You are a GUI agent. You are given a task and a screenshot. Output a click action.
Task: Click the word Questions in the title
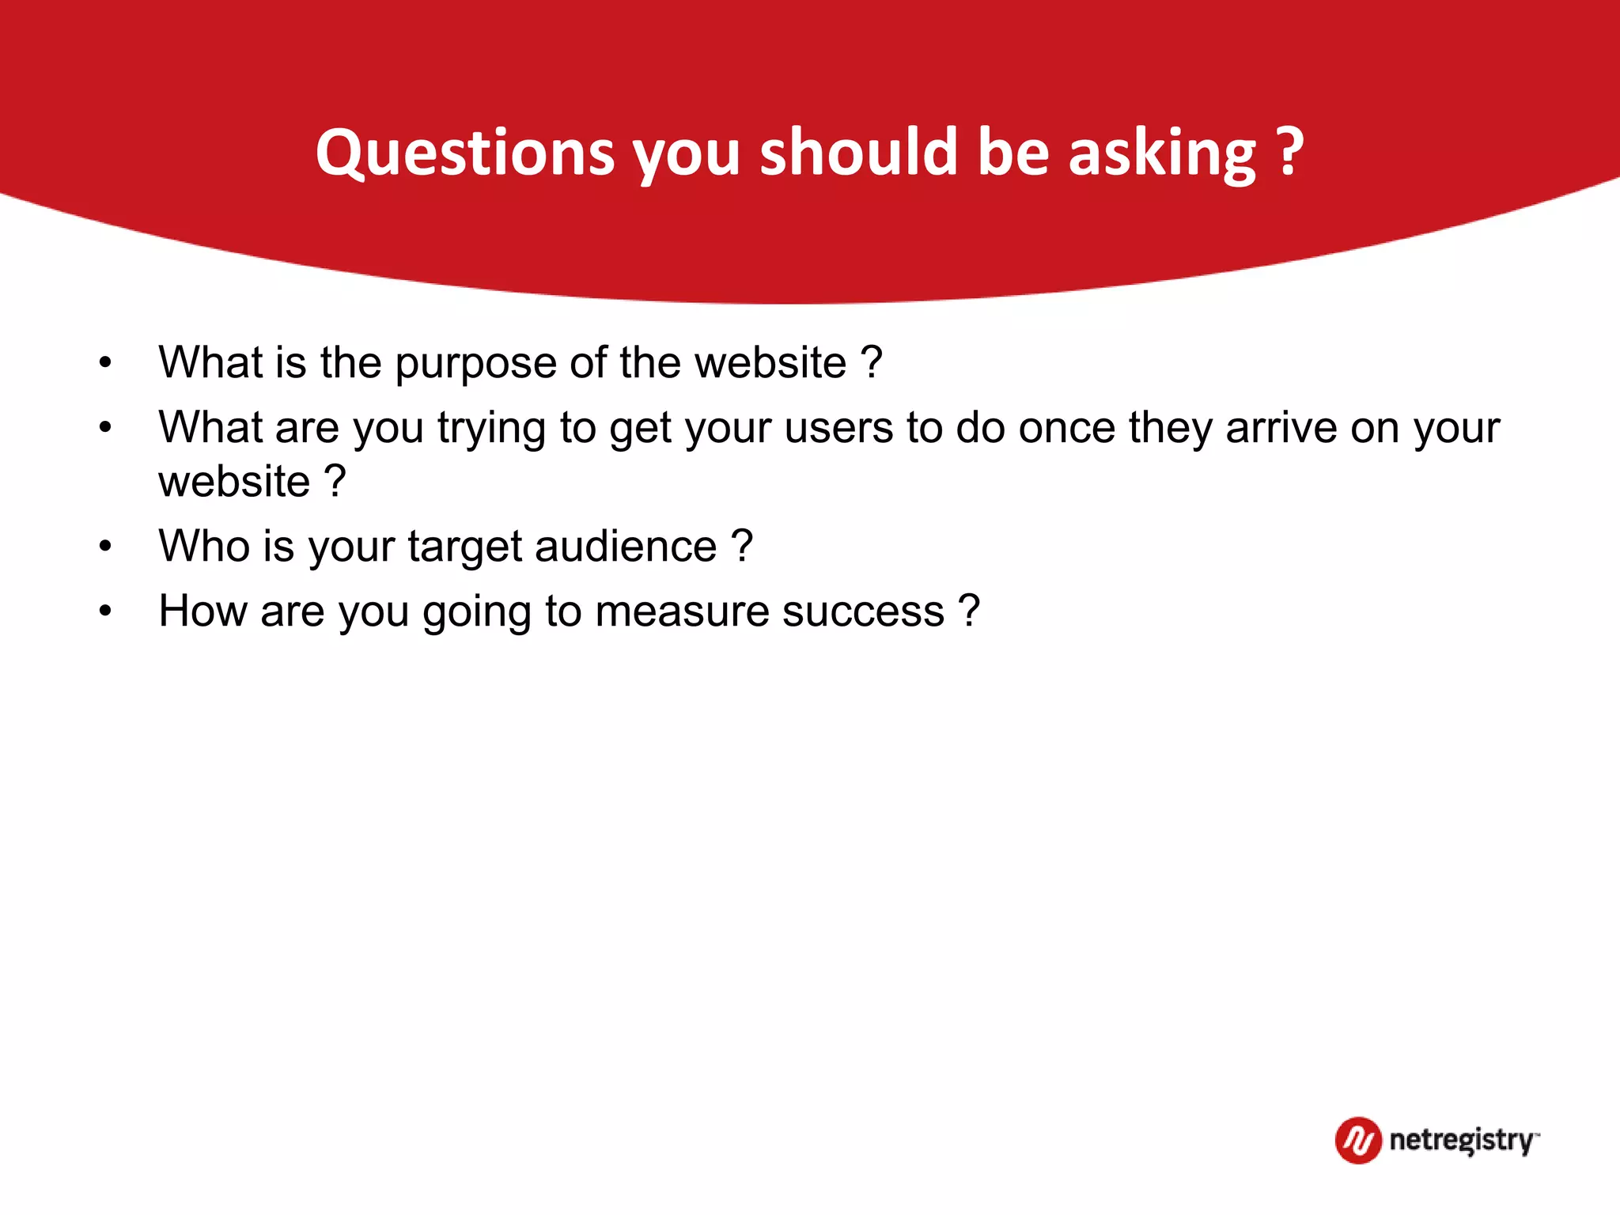(465, 152)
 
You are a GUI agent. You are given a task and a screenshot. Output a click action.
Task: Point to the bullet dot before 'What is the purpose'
(105, 363)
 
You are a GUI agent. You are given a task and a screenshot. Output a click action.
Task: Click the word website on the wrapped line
(234, 481)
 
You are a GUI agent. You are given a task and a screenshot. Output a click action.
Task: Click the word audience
(626, 546)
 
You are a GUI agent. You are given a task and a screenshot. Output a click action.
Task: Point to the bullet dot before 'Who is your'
(105, 547)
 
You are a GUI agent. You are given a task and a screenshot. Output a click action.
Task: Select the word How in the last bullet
(202, 611)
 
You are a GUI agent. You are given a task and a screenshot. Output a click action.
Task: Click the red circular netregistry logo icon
(1357, 1140)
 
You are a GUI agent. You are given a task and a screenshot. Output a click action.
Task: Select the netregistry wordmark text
(1462, 1140)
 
